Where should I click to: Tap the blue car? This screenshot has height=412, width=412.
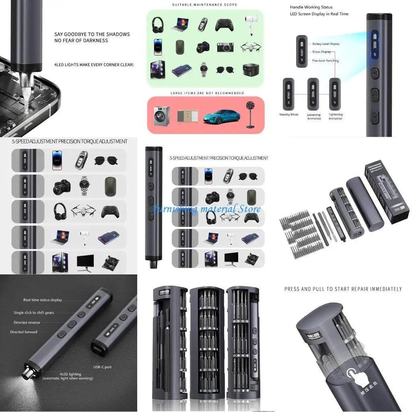(221, 117)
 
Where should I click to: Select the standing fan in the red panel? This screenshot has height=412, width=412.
(251, 115)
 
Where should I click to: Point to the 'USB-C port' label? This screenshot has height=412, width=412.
(102, 367)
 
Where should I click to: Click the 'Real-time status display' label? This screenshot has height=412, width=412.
(43, 300)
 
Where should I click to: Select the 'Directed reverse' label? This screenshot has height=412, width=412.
(27, 322)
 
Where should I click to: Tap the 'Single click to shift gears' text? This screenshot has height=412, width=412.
(33, 313)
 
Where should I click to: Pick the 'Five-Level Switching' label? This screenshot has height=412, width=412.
(325, 61)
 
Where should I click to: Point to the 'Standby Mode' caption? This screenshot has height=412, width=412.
(288, 115)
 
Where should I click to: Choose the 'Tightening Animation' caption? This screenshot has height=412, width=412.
(335, 116)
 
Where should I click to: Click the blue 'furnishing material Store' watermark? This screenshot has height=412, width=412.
(207, 209)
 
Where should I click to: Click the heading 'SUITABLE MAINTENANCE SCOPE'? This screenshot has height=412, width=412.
(204, 5)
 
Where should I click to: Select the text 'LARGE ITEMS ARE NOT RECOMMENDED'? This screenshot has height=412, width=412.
(207, 93)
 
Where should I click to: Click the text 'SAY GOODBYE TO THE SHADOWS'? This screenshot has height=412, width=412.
(92, 34)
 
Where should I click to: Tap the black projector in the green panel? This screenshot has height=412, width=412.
(250, 70)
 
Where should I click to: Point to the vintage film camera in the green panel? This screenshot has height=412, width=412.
(226, 47)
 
